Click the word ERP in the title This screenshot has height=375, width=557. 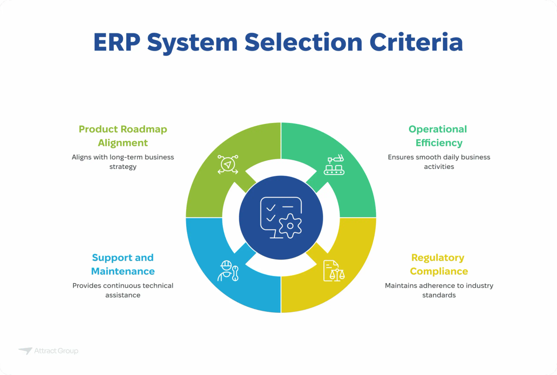[x=117, y=42]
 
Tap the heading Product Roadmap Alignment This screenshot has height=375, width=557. [x=123, y=136]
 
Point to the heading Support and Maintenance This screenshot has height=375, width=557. [x=123, y=264]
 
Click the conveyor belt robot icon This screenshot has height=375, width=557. [x=334, y=165]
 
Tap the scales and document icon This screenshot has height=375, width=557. [x=334, y=270]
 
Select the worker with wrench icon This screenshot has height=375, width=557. [x=228, y=271]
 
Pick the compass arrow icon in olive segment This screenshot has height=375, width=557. [x=227, y=165]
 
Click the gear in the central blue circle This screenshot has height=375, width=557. [x=290, y=226]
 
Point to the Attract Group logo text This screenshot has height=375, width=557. [x=56, y=351]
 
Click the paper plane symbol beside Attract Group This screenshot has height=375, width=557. [x=26, y=351]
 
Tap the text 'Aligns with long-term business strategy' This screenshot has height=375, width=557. [x=123, y=162]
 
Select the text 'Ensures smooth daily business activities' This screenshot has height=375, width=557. [x=439, y=162]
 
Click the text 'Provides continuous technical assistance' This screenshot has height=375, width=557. [x=123, y=290]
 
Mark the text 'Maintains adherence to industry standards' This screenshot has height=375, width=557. [x=439, y=290]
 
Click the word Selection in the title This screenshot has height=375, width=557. [x=303, y=42]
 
